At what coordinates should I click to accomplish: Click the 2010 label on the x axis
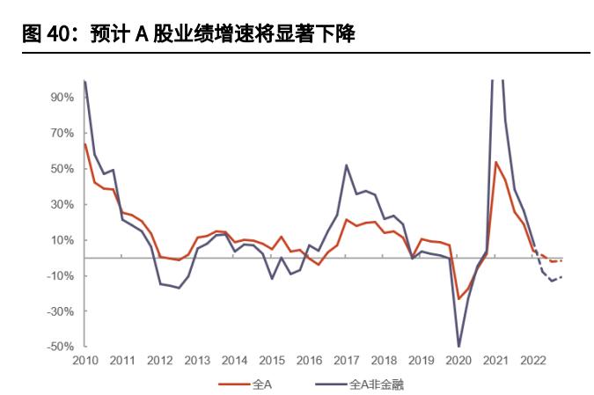pyautogui.click(x=84, y=361)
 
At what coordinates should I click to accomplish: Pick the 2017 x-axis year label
pyautogui.click(x=346, y=361)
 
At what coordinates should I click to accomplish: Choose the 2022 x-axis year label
pyautogui.click(x=532, y=361)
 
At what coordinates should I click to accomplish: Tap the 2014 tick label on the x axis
pyautogui.click(x=234, y=361)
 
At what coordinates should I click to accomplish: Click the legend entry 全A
pyautogui.click(x=261, y=384)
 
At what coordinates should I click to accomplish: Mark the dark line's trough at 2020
pyautogui.click(x=458, y=346)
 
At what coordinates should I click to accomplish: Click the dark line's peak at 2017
pyautogui.click(x=347, y=165)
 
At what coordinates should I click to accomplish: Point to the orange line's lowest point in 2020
pyautogui.click(x=458, y=298)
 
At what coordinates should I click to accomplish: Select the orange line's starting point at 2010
pyautogui.click(x=84, y=143)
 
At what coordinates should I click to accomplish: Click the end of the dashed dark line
pyautogui.click(x=561, y=277)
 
